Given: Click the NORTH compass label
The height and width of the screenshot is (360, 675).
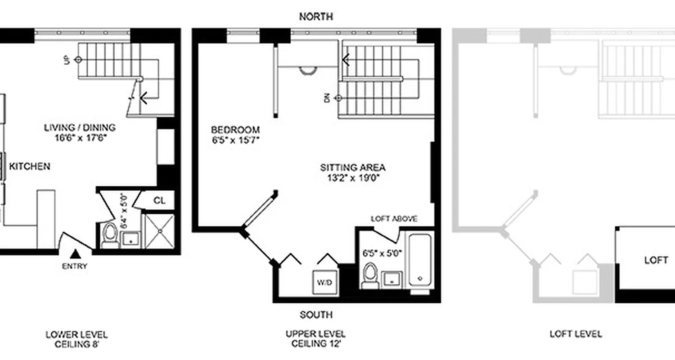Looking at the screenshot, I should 316,17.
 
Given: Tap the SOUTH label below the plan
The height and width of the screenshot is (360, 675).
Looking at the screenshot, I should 316,315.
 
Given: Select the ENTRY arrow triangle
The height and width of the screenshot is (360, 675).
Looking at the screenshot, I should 75,254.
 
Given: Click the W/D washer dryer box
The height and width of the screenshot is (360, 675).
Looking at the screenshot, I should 324,282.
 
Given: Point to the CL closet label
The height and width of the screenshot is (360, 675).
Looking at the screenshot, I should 159,200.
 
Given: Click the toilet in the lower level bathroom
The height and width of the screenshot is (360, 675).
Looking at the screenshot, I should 109,234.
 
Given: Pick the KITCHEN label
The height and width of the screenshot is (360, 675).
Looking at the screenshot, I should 30,166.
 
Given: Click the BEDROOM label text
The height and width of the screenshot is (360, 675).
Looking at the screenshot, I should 235,130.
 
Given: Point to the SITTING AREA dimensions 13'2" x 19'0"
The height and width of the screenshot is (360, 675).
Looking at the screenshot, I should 353,177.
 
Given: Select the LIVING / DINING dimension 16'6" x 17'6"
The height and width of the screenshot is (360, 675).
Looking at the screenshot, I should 80,138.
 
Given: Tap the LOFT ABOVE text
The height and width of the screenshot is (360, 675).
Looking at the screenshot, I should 394,219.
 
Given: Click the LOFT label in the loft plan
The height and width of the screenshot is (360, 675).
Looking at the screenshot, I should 656,261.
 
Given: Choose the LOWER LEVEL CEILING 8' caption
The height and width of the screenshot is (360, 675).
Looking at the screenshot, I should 76,339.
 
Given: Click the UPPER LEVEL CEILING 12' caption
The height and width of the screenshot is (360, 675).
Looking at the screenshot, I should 315,339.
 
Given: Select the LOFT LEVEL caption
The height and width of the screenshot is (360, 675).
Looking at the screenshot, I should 576,334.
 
